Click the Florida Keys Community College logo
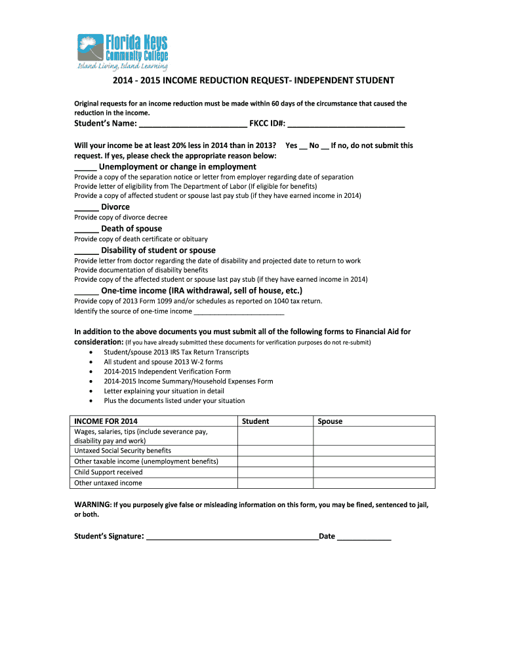123,52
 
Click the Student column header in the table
255,421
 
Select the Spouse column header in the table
330,421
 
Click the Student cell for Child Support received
275,472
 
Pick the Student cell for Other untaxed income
275,483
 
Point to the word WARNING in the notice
92,505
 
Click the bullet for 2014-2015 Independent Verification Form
90,372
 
